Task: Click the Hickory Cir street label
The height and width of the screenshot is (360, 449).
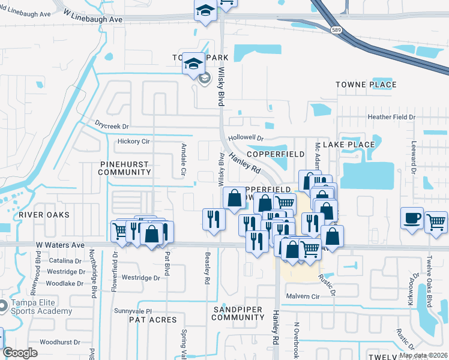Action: [x=133, y=142]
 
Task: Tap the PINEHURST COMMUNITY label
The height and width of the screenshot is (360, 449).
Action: [x=125, y=167]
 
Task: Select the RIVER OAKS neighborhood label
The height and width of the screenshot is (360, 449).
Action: [x=44, y=214]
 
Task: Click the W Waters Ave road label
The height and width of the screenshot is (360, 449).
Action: [x=60, y=245]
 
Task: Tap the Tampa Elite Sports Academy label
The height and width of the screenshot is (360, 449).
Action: [x=41, y=307]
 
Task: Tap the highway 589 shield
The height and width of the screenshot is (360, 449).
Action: [x=336, y=29]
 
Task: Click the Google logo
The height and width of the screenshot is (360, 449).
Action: [x=20, y=353]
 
